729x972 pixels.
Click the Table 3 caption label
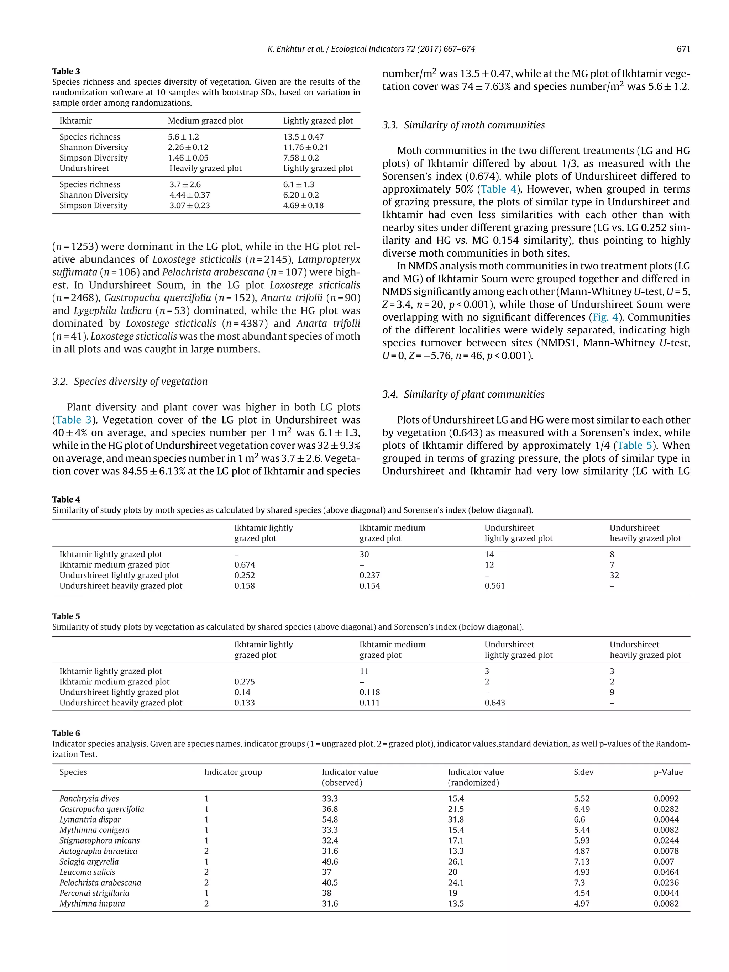66,71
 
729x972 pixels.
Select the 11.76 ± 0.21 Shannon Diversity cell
305,147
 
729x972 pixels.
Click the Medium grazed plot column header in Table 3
205,121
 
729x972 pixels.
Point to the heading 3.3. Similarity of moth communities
463,125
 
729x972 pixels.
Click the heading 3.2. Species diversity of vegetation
130,382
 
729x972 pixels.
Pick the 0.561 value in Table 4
494,586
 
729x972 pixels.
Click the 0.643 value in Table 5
494,703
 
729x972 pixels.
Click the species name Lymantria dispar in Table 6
90,820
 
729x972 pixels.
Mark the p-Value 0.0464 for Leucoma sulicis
666,872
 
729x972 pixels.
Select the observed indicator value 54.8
330,820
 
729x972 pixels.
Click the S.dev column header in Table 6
583,772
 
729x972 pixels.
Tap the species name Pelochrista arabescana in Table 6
100,883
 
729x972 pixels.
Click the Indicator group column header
232,772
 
